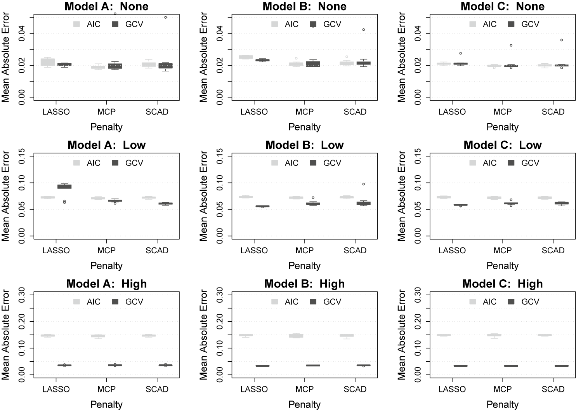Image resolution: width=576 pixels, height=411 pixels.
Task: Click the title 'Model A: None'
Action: (x=106, y=7)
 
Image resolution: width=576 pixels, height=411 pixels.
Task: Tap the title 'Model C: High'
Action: (x=503, y=284)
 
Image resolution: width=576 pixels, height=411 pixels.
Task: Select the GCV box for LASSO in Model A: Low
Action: (x=64, y=186)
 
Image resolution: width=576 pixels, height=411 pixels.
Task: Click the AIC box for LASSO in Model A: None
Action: (x=48, y=62)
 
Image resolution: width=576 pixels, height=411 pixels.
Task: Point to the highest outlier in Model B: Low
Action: (x=364, y=184)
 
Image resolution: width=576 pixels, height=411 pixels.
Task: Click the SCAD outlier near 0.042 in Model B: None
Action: (x=364, y=30)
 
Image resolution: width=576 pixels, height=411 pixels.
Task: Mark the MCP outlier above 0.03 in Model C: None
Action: (x=511, y=45)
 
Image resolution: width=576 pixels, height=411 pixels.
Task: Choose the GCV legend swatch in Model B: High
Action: (x=313, y=301)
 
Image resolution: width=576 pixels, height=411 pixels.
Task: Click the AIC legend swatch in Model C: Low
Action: (x=473, y=163)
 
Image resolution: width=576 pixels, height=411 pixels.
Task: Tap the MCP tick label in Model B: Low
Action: (x=304, y=251)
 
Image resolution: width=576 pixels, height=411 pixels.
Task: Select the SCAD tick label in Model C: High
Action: (x=553, y=389)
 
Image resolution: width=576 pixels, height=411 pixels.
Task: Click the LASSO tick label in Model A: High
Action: (x=56, y=389)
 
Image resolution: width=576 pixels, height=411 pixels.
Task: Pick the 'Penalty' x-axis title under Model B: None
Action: (x=304, y=127)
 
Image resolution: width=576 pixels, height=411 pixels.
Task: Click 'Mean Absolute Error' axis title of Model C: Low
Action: (x=401, y=196)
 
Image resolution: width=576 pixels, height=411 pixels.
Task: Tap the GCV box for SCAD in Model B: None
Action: (x=364, y=63)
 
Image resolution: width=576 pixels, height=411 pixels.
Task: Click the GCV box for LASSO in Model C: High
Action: (x=461, y=366)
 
